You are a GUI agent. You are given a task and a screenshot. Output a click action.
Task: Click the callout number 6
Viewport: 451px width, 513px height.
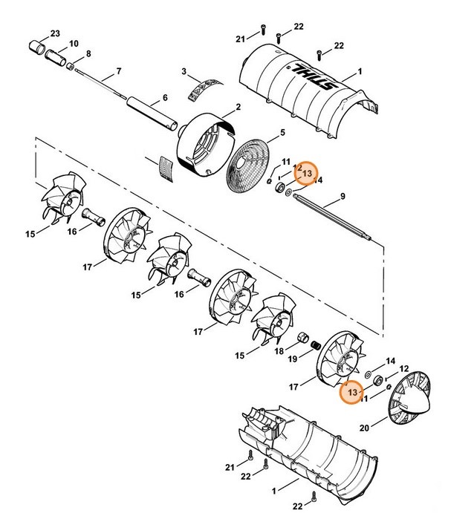pyautogui.click(x=165, y=97)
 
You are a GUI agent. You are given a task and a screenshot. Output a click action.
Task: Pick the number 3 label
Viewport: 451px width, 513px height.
pyautogui.click(x=183, y=71)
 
